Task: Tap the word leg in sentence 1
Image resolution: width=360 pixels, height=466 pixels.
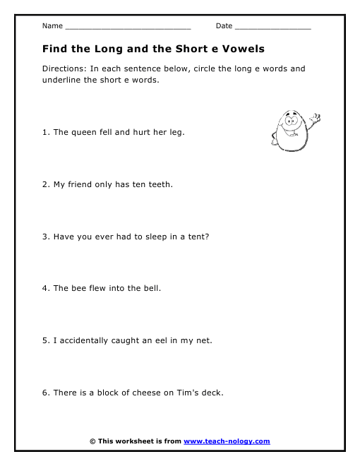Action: pyautogui.click(x=176, y=132)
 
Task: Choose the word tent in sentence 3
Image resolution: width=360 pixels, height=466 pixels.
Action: pyautogui.click(x=198, y=237)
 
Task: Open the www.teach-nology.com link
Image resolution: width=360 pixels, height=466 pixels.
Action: pyautogui.click(x=227, y=441)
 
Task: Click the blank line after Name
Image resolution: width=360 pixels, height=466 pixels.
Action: pyautogui.click(x=127, y=27)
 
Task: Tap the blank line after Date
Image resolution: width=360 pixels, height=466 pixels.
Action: pyautogui.click(x=272, y=27)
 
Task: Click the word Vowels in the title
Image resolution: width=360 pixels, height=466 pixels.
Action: pyautogui.click(x=239, y=49)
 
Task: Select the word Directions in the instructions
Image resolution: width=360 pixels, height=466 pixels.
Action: pyautogui.click(x=63, y=69)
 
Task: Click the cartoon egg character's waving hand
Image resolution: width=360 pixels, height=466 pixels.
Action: pyautogui.click(x=316, y=117)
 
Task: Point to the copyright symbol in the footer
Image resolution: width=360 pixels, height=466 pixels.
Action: pyautogui.click(x=92, y=441)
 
